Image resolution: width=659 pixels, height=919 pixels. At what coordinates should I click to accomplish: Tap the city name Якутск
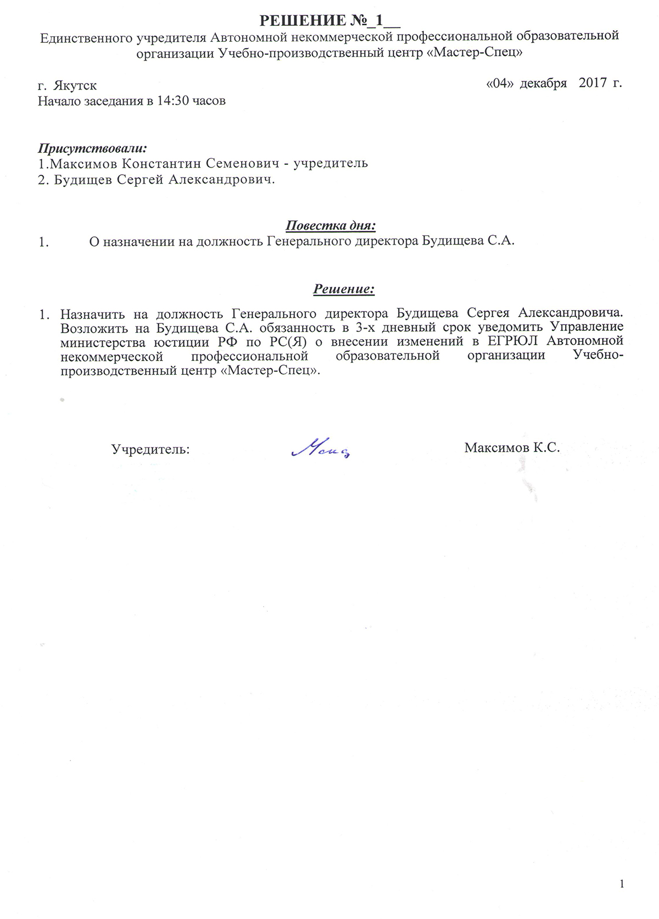(75, 86)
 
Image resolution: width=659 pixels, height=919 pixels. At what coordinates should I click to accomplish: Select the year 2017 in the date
(593, 84)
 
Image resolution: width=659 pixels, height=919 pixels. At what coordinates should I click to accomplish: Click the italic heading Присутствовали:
(92, 148)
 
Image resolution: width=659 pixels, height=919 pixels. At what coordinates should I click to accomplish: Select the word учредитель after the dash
(331, 164)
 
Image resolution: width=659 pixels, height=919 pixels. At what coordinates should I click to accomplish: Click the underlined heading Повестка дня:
(331, 226)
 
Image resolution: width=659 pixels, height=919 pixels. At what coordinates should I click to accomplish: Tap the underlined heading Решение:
(344, 289)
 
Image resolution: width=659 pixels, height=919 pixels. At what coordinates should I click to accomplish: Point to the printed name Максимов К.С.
(512, 447)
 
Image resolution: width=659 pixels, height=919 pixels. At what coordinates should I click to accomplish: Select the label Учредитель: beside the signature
(150, 450)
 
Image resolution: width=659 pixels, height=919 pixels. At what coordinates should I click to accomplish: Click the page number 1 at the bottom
(622, 884)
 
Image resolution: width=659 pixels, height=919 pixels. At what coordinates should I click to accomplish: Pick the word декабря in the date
(543, 84)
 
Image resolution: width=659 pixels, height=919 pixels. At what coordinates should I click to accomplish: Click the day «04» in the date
(500, 84)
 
